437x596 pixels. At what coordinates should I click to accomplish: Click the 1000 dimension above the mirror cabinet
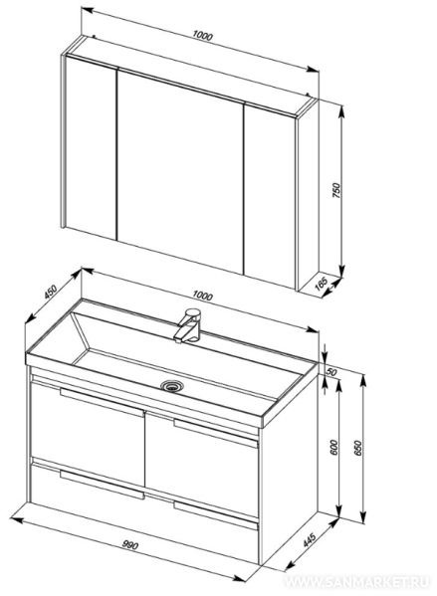(202, 36)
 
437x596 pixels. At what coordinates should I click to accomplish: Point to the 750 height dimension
(337, 190)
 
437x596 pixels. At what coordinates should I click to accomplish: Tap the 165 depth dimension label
(322, 284)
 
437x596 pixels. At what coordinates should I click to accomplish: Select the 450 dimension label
(50, 291)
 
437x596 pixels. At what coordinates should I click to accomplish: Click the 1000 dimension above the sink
(202, 296)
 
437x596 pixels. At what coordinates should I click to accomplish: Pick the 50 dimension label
(331, 372)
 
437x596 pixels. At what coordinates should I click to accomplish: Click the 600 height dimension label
(333, 448)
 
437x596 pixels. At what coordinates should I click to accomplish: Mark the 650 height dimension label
(358, 448)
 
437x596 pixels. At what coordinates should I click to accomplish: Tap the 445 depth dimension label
(310, 539)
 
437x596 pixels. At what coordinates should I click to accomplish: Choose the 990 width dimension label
(130, 545)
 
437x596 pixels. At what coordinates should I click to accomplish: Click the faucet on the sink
(189, 325)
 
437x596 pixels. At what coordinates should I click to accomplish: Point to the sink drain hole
(172, 386)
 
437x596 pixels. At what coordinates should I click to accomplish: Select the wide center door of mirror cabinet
(180, 171)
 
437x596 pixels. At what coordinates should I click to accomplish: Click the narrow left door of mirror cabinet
(92, 147)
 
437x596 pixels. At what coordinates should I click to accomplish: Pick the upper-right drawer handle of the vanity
(216, 434)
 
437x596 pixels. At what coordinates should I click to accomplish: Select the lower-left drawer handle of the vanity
(102, 485)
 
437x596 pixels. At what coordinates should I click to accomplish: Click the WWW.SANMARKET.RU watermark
(356, 582)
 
